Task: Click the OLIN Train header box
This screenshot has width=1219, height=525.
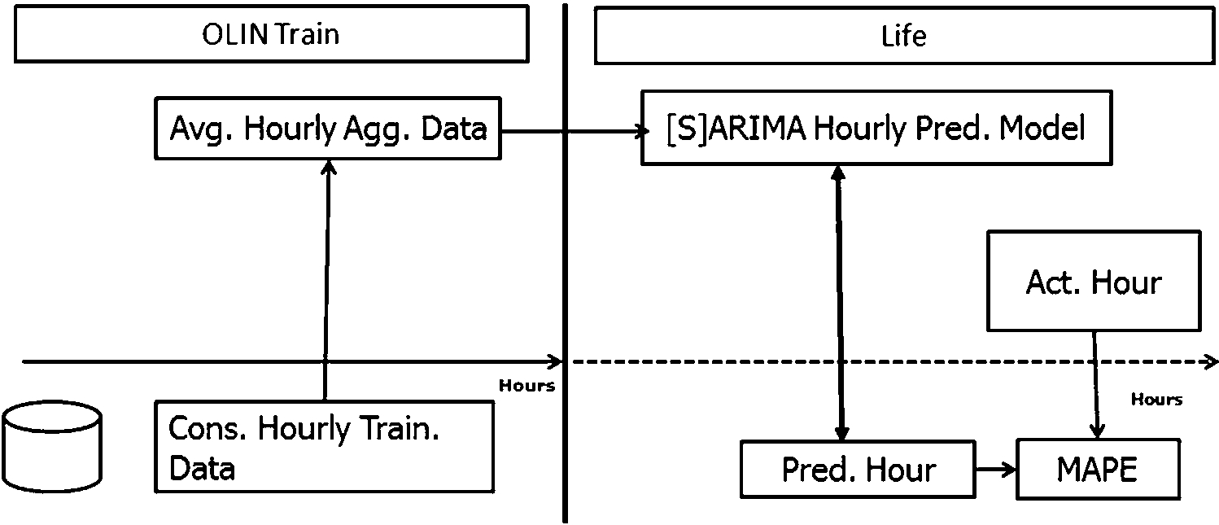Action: click(x=271, y=34)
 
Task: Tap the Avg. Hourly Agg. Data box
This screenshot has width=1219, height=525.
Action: click(x=327, y=129)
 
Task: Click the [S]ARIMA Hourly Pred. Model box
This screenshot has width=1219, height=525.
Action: click(x=876, y=129)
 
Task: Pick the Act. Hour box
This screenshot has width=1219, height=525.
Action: click(x=1093, y=281)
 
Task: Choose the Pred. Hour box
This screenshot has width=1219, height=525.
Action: click(x=858, y=470)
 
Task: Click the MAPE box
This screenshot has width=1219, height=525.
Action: click(x=1096, y=470)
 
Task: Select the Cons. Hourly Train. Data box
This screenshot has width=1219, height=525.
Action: click(x=324, y=446)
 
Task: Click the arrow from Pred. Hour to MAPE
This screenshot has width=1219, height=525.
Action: click(x=995, y=470)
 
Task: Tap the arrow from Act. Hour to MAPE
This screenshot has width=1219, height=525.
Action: click(x=1095, y=383)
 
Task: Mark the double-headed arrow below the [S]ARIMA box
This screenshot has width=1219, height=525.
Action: click(x=840, y=301)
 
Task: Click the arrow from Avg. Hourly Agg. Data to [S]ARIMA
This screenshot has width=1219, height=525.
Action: click(x=570, y=129)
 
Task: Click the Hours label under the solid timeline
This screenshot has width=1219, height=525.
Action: click(x=526, y=386)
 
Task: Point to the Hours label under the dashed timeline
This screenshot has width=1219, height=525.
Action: click(x=1156, y=400)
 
